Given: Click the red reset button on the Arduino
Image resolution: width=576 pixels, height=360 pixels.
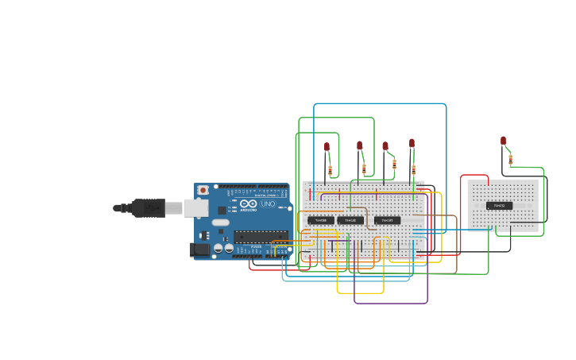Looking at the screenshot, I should pyautogui.click(x=203, y=190).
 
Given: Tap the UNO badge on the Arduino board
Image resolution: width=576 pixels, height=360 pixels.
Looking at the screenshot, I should pyautogui.click(x=268, y=204).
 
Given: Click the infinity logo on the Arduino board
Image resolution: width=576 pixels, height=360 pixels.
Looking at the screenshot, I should pyautogui.click(x=248, y=203).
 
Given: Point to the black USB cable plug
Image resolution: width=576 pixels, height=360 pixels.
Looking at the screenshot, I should pyautogui.click(x=149, y=208).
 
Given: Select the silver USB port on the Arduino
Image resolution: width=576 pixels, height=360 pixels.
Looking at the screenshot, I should pyautogui.click(x=195, y=208).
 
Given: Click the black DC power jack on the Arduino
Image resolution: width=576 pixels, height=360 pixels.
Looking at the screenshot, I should pyautogui.click(x=200, y=250).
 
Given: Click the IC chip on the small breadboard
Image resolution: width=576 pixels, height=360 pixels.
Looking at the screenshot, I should pyautogui.click(x=499, y=206).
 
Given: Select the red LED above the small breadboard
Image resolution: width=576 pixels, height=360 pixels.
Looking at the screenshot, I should pyautogui.click(x=503, y=141).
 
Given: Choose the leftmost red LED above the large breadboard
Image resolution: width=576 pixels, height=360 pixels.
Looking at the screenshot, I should pyautogui.click(x=327, y=147).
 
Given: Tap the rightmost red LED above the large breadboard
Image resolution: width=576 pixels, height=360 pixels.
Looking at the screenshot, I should pyautogui.click(x=412, y=143).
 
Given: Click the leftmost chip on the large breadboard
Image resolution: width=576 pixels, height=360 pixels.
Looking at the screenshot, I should pyautogui.click(x=321, y=220).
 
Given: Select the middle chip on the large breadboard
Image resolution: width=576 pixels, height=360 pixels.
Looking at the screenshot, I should pyautogui.click(x=350, y=220).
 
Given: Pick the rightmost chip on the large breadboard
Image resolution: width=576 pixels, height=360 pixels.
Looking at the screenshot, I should pyautogui.click(x=387, y=220).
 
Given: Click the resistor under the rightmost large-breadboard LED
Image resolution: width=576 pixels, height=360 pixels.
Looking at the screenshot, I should pyautogui.click(x=413, y=169).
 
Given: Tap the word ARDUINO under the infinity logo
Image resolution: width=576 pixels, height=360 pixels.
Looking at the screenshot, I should pyautogui.click(x=248, y=211).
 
